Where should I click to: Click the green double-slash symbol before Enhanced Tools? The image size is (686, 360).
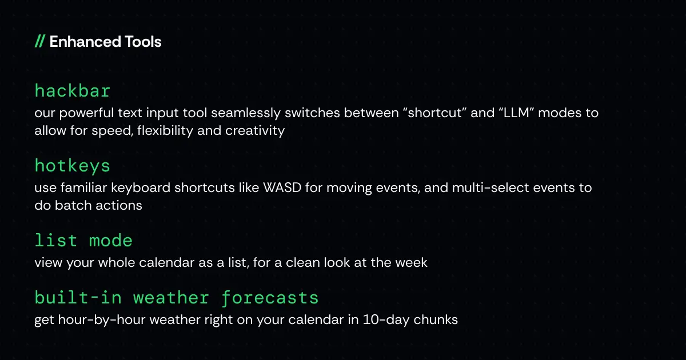[40, 41]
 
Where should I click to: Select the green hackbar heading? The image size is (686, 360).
[72, 91]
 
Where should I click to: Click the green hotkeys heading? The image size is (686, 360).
[72, 166]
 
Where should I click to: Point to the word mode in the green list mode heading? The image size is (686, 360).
[110, 241]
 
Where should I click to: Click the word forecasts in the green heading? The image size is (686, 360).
[270, 298]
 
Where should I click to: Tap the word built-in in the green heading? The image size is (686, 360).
[78, 298]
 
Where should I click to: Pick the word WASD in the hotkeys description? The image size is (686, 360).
[282, 187]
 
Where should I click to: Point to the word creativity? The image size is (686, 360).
[255, 131]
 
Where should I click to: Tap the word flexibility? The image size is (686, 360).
[165, 131]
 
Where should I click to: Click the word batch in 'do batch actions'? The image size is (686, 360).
[73, 205]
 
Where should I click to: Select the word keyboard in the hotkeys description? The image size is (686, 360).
[141, 188]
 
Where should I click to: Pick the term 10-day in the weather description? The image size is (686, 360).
[386, 320]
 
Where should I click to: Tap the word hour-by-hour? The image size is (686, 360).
[102, 320]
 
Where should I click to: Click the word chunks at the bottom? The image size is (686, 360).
[436, 319]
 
